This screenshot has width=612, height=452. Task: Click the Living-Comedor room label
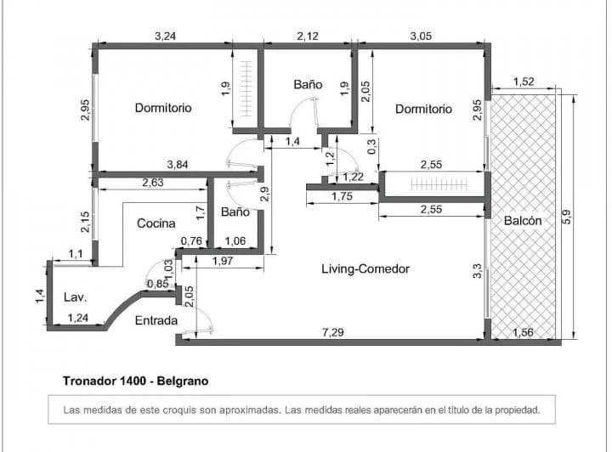click(365, 268)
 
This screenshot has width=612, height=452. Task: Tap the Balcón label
click(523, 221)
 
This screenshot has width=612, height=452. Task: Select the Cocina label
click(156, 223)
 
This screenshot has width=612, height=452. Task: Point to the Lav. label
click(75, 297)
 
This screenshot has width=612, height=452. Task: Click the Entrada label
click(156, 320)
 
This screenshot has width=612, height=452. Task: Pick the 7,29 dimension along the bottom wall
click(333, 332)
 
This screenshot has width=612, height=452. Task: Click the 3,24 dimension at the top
click(166, 37)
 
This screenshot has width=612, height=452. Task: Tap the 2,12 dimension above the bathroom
click(308, 37)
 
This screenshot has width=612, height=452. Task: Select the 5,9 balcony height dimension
click(567, 217)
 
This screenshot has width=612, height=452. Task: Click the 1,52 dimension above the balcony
click(524, 82)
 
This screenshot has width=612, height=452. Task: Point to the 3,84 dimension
click(178, 165)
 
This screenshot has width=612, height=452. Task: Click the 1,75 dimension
click(343, 196)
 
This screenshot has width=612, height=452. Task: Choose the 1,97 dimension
click(223, 261)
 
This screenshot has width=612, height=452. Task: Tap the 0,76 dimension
click(191, 241)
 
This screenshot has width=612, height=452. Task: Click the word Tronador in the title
click(88, 381)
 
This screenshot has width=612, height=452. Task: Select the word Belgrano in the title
click(182, 381)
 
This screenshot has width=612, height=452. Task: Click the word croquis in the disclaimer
click(179, 410)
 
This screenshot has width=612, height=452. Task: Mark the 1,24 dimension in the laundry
click(78, 318)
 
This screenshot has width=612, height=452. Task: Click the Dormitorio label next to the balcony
click(423, 109)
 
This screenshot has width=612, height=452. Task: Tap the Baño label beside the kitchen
click(235, 212)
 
